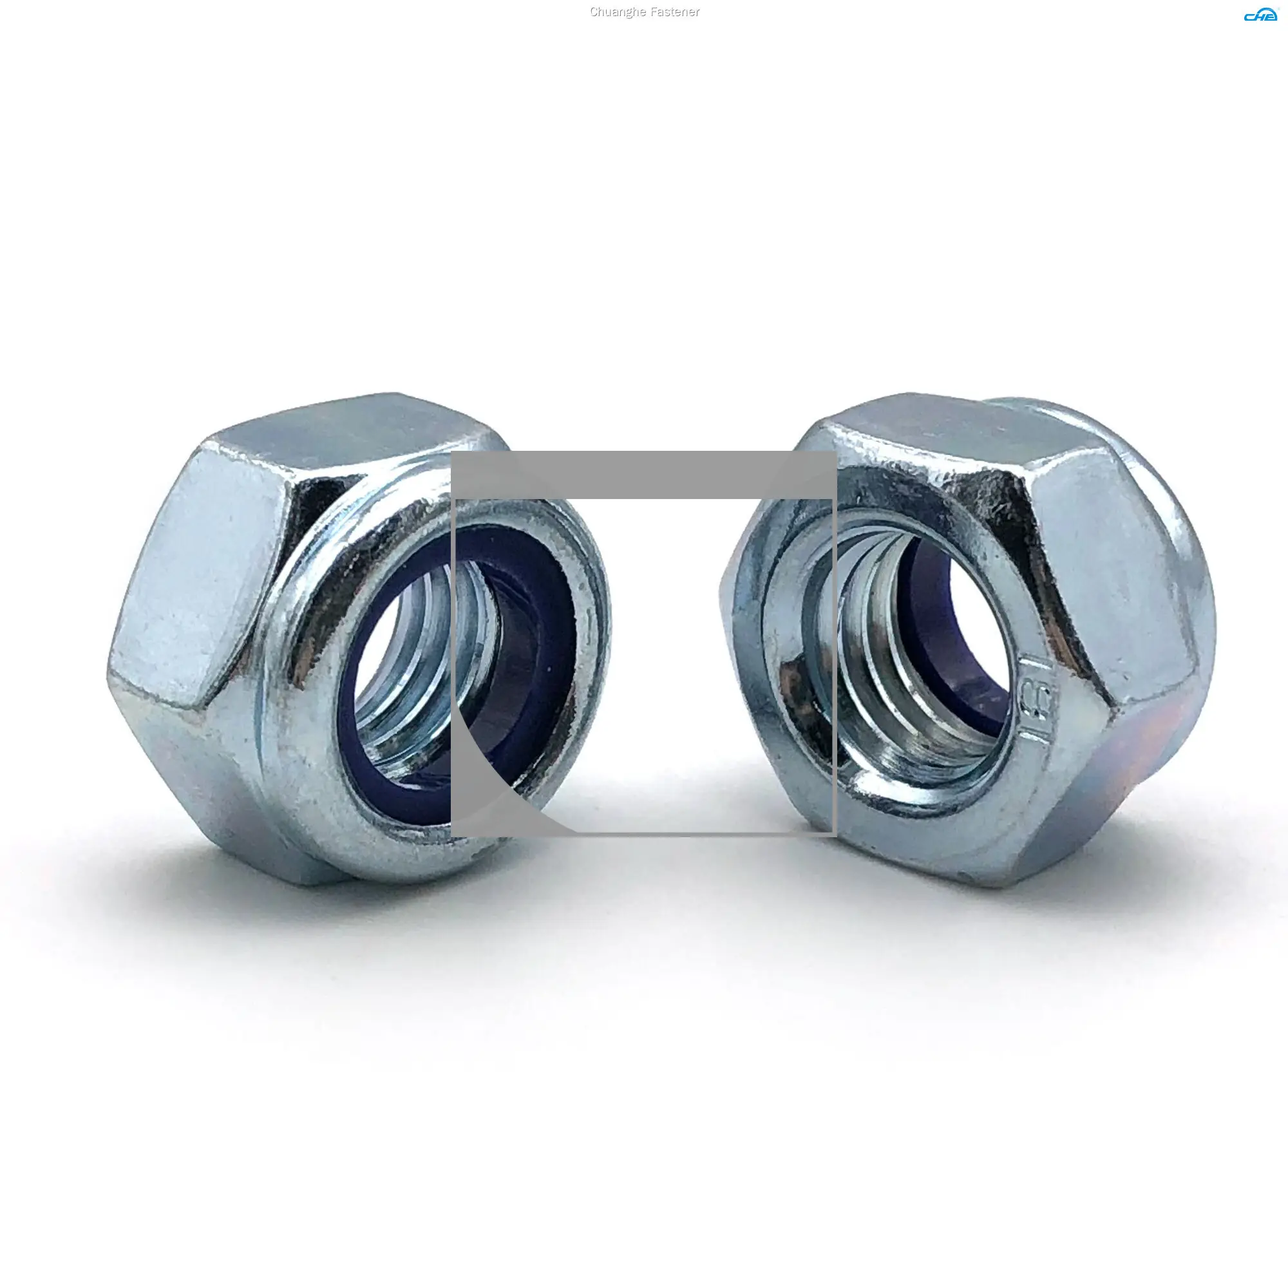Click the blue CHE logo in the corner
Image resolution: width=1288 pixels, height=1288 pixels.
tap(1260, 15)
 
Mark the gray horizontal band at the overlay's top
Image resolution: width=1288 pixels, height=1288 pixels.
tap(643, 475)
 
